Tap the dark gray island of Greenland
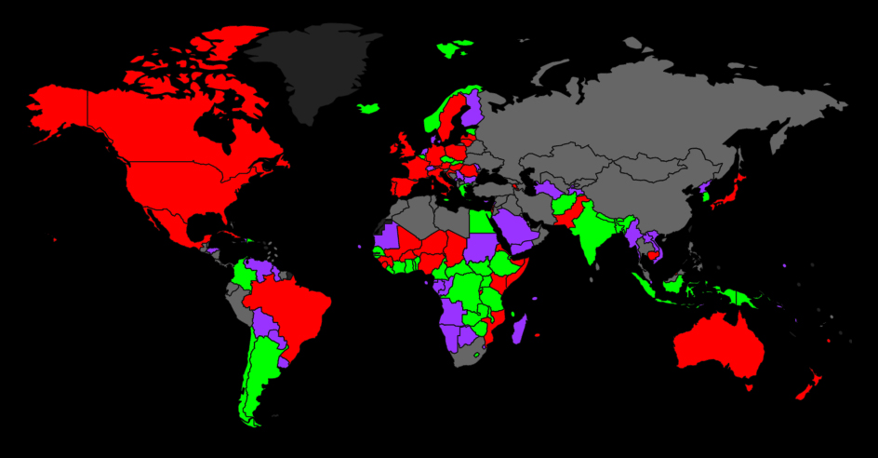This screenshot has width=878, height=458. [312, 70]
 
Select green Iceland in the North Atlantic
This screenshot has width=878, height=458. [368, 108]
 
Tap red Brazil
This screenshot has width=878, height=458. [293, 307]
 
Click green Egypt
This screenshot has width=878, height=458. [480, 223]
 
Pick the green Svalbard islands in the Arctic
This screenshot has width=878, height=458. [455, 47]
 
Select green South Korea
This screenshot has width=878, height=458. [704, 194]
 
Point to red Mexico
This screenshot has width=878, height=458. [172, 223]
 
